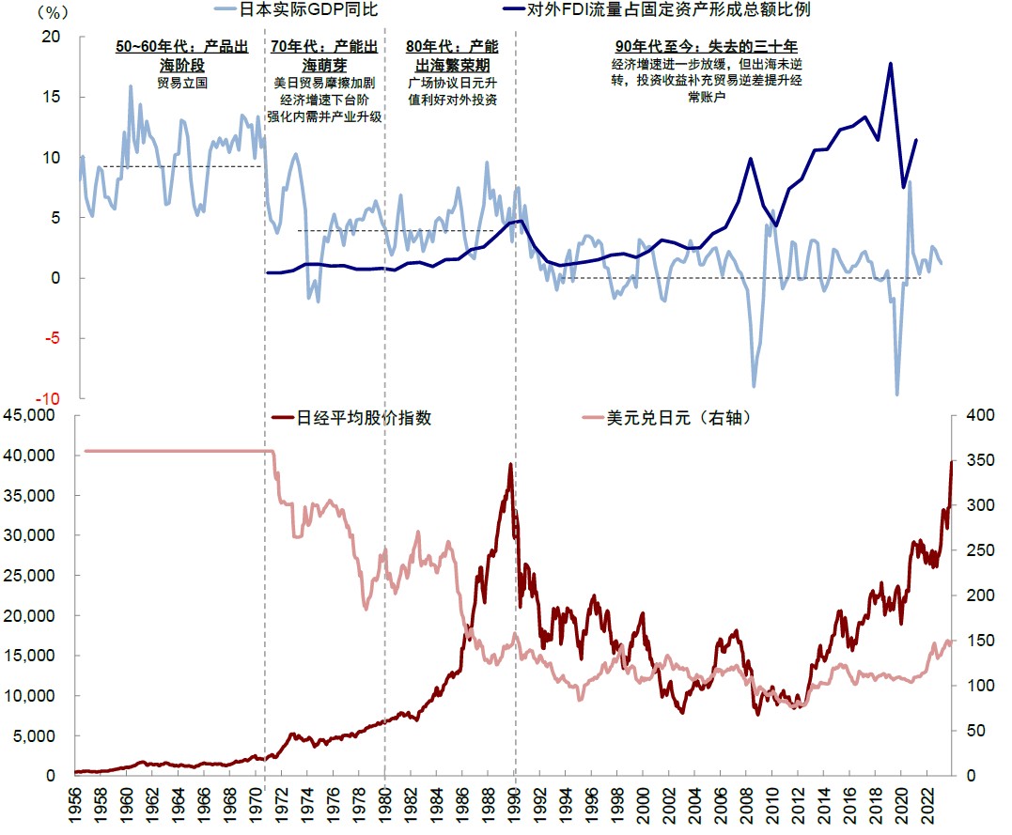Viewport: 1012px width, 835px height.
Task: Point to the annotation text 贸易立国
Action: pyautogui.click(x=181, y=83)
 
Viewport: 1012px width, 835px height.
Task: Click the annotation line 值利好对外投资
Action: pyautogui.click(x=453, y=99)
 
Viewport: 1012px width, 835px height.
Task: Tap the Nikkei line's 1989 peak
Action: pyautogui.click(x=510, y=464)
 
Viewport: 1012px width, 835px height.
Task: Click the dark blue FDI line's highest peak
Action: pyautogui.click(x=889, y=64)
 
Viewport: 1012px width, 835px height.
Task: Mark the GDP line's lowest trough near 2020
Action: pyautogui.click(x=896, y=394)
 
